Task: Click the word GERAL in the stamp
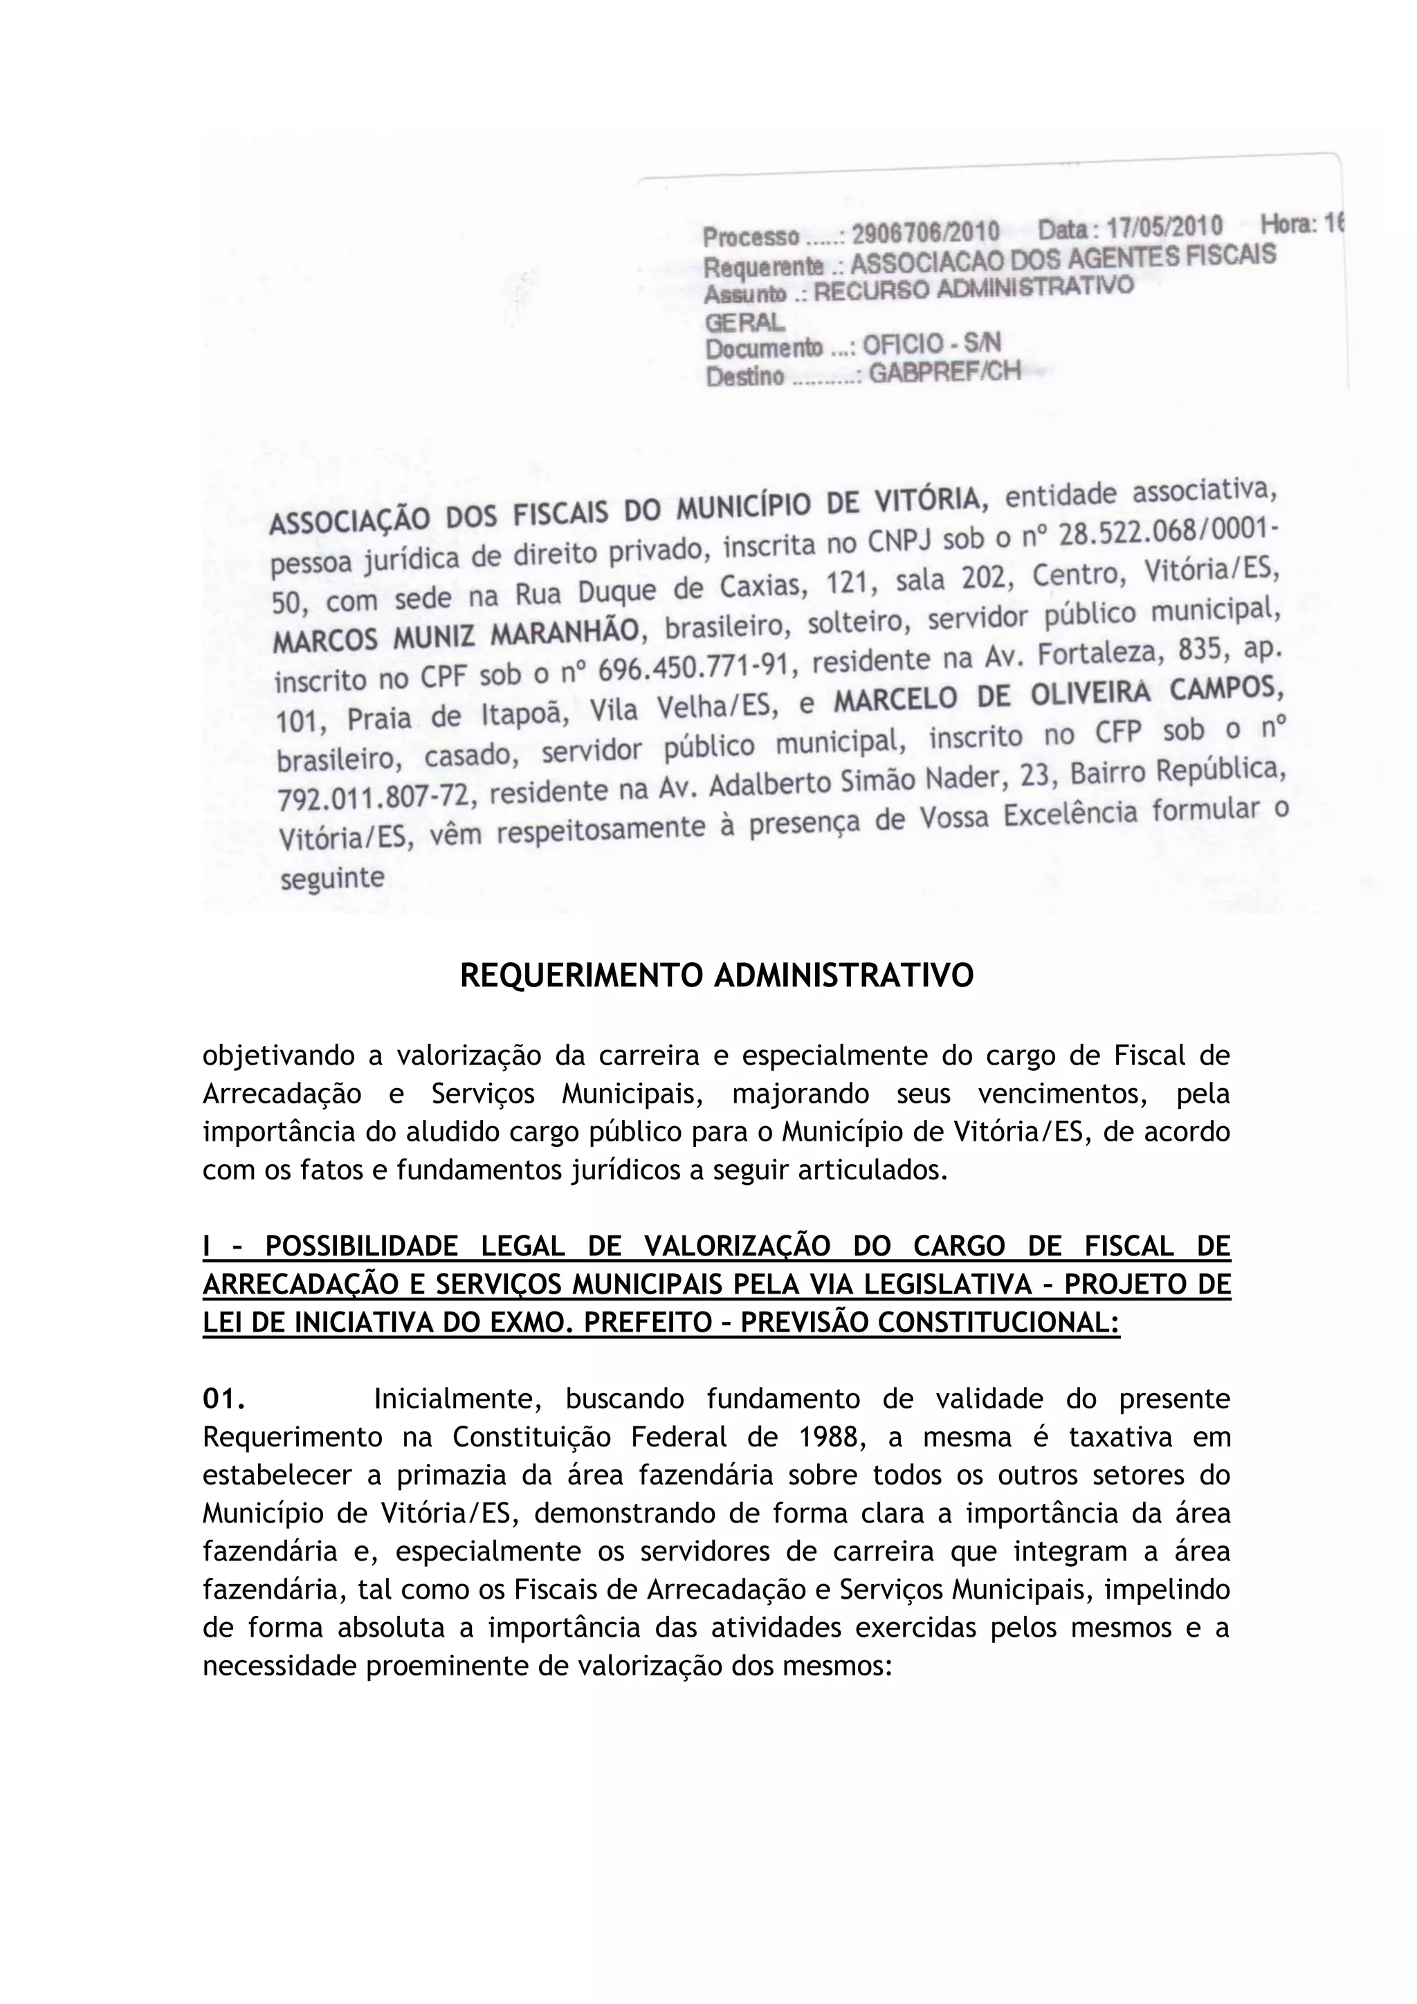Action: pyautogui.click(x=744, y=322)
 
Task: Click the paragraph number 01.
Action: pyautogui.click(x=223, y=1399)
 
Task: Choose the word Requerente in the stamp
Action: pyautogui.click(x=763, y=264)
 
